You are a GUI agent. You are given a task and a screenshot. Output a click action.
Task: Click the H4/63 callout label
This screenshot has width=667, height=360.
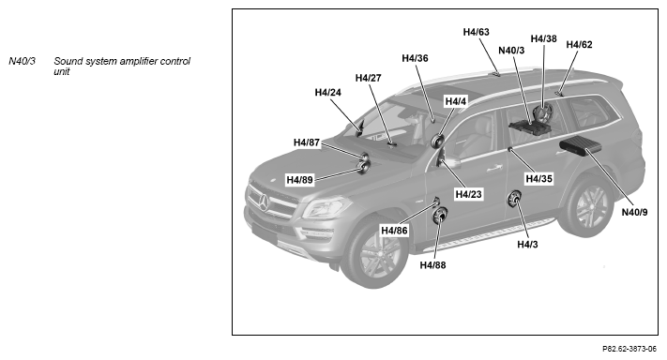click(x=476, y=32)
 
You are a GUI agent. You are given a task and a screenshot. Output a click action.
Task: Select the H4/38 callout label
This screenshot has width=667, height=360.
click(x=543, y=38)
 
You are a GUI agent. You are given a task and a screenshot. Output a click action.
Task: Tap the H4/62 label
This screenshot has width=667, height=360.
click(x=579, y=45)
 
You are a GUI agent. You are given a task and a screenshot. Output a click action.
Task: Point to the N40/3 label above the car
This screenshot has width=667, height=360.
click(x=511, y=50)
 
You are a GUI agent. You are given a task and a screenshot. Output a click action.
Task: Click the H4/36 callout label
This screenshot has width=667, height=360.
click(x=415, y=58)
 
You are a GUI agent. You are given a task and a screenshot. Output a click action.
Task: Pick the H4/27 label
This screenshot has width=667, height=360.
click(x=368, y=78)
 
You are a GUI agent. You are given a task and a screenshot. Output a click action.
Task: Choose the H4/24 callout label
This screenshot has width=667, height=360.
click(x=327, y=92)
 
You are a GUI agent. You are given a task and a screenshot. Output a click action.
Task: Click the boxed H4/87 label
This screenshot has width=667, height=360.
click(x=306, y=142)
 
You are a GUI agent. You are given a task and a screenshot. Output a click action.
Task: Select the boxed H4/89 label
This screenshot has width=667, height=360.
click(x=299, y=180)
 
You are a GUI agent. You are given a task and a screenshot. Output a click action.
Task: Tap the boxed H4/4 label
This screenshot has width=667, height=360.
click(x=456, y=101)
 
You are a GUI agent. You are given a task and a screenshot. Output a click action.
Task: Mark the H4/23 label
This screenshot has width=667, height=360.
click(x=468, y=194)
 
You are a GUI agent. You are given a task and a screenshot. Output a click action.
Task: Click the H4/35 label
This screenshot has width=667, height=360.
click(x=539, y=178)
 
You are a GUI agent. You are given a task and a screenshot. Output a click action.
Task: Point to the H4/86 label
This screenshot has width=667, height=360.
click(x=394, y=231)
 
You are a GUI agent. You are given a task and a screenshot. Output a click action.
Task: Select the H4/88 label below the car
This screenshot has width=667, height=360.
click(x=432, y=265)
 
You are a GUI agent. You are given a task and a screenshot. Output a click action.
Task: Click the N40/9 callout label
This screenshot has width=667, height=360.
click(x=634, y=212)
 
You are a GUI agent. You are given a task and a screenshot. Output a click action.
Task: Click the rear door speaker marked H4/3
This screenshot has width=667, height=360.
click(x=514, y=199)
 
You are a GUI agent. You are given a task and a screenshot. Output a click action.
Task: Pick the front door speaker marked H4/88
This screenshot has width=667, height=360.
click(x=439, y=216)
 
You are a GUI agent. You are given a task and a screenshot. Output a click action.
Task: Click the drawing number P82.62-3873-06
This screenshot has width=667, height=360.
click(x=629, y=349)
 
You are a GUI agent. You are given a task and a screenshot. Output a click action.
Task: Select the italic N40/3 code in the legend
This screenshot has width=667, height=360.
click(x=22, y=61)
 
